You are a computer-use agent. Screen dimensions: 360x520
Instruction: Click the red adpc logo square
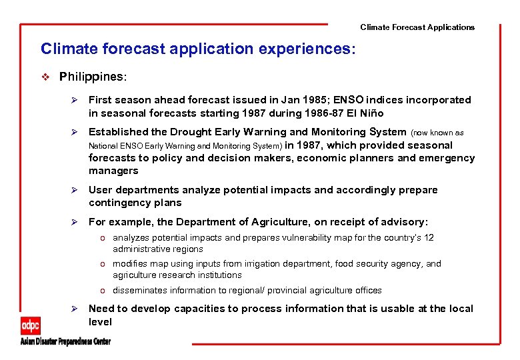coord(31,325)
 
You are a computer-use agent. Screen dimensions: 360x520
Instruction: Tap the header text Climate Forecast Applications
coord(417,27)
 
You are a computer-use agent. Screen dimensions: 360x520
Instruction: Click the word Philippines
coord(91,77)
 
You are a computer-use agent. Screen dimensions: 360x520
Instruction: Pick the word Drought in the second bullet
coord(181,132)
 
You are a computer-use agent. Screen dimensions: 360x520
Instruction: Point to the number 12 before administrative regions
coord(429,238)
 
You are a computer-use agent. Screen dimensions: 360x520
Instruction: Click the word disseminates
coord(141,291)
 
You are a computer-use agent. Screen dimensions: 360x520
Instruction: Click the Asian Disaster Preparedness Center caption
coord(65,341)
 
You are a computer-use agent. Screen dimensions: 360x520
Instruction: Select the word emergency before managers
coord(447,158)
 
